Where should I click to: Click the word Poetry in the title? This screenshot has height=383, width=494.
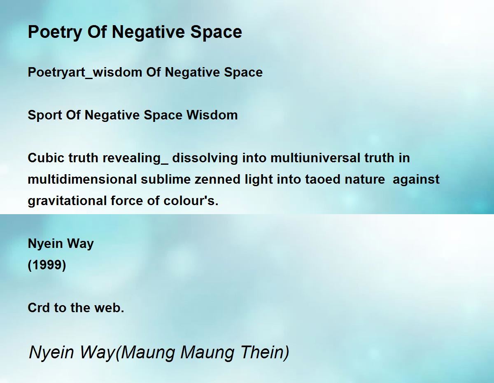pos(55,32)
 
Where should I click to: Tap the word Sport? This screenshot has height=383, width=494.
pos(45,115)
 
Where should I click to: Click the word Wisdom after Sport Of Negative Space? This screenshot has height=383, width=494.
pos(212,115)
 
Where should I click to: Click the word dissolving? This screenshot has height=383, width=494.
pos(205,158)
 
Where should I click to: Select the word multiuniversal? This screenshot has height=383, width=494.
pos(315,158)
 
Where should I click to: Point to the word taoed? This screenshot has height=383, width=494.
pos(323,180)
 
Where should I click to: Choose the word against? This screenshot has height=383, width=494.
pos(416,180)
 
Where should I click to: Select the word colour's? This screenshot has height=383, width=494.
pos(191,201)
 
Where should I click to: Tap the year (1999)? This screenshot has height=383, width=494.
pos(47,265)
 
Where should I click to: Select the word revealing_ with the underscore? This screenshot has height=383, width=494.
pos(135,158)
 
